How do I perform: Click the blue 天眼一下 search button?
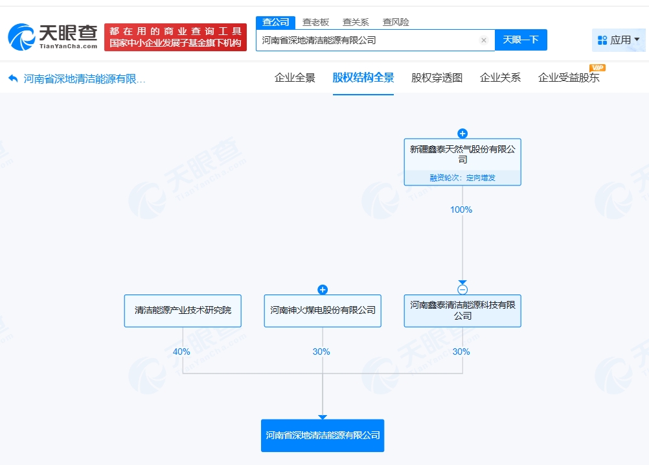521,40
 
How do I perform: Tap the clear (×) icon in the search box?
483,40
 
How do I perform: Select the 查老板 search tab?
315,22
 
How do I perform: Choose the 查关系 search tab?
356,22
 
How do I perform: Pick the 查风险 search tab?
396,22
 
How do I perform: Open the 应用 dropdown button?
619,40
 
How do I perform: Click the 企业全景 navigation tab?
295,78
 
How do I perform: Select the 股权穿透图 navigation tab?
437,78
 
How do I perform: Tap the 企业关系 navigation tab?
500,78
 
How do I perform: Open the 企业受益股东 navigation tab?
569,78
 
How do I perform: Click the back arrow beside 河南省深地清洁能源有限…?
13,78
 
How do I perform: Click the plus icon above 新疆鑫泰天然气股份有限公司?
462,134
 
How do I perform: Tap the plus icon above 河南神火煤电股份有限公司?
323,290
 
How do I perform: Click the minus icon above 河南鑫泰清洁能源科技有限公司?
462,289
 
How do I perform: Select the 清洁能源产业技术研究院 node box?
183,311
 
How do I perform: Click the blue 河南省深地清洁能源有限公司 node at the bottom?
323,436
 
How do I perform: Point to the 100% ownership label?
461,209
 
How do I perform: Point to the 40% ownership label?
181,352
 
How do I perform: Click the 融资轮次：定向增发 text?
462,178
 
